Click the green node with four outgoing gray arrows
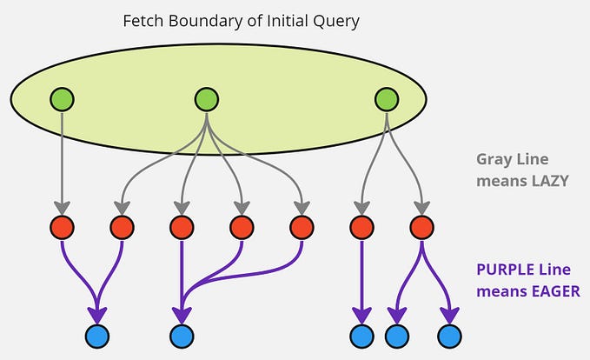coord(206,99)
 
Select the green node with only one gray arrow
coord(61,99)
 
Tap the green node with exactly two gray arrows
coord(386,99)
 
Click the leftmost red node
coord(62,228)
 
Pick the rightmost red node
coord(422,228)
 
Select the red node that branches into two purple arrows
coord(422,228)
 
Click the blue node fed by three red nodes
coord(181,336)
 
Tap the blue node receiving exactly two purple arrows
coord(96,336)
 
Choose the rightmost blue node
coord(449,336)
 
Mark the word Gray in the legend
coord(492,159)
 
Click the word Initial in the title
coord(277,19)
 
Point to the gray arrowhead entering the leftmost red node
coord(62,209)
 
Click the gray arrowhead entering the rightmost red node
coord(422,209)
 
